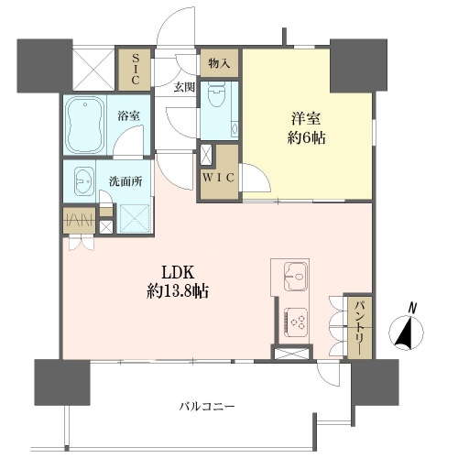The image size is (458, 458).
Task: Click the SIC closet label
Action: (136, 70)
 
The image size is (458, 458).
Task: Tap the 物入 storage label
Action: (219, 63)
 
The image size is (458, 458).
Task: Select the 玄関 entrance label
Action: (184, 87)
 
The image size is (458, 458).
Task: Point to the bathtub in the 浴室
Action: (85, 125)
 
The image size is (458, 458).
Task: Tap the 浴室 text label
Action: (129, 116)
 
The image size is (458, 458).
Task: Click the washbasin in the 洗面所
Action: (83, 181)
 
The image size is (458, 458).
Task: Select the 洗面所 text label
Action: (125, 181)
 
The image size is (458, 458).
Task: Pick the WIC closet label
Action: (219, 178)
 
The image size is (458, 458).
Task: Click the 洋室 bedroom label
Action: (306, 118)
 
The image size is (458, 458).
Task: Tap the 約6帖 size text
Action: (306, 138)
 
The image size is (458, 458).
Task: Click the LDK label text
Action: (178, 273)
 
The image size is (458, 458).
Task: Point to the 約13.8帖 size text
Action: (178, 291)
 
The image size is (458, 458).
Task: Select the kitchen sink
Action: (296, 277)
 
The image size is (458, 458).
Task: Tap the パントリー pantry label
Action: (360, 328)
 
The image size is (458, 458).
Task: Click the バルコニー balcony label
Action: (206, 407)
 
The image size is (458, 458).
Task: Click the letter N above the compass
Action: (413, 308)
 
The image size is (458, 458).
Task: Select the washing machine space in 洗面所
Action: (135, 219)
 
